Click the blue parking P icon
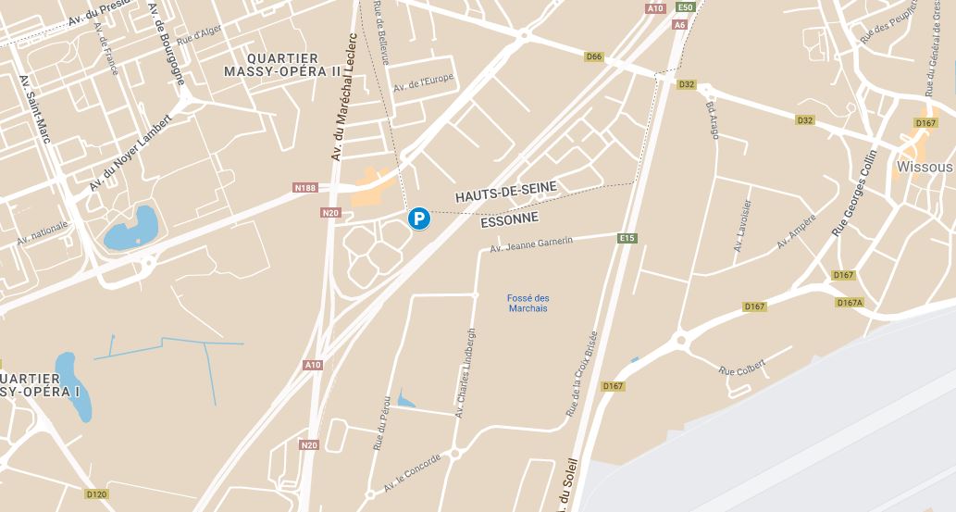pos(419,219)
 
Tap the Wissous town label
pos(924,168)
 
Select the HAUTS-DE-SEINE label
pos(505,193)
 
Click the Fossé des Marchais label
pos(528,303)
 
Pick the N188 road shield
pos(305,189)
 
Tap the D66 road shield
pos(594,57)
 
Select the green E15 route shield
pos(627,239)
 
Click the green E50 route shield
pos(685,7)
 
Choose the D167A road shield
pos(849,303)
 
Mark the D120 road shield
pos(96,494)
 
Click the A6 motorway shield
pos(679,25)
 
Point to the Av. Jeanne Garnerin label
pos(531,244)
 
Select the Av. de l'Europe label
pos(423,82)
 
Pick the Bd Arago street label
pos(713,120)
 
